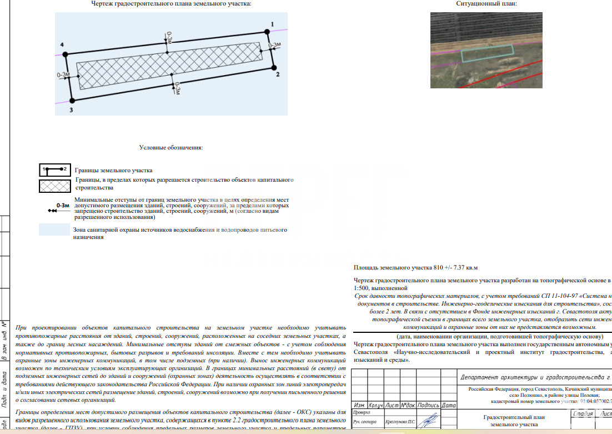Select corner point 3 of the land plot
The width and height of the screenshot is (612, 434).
click(72, 101)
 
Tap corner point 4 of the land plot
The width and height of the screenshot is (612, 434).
click(64, 54)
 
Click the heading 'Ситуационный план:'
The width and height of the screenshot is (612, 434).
click(486, 4)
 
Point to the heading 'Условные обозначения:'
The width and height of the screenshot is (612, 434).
click(171, 148)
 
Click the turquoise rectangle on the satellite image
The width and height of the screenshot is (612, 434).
click(487, 53)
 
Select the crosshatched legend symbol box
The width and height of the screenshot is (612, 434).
click(54, 186)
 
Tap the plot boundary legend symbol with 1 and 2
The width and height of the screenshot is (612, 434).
click(54, 168)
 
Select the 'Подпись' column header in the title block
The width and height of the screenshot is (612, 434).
click(429, 406)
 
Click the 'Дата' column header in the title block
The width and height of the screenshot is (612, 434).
click(449, 406)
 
